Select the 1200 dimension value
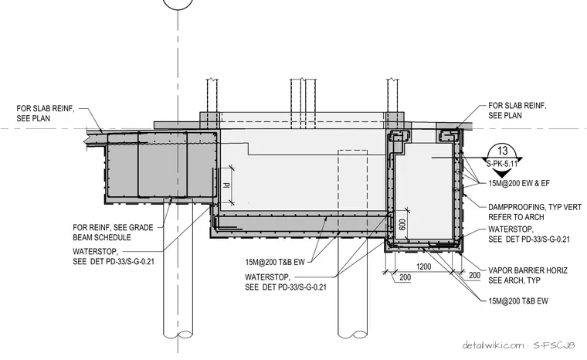pos(423,267)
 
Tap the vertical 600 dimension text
pos(402,224)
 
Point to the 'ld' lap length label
pos(226,185)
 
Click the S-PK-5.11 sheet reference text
pos(502,164)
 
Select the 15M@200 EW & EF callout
pos(519,183)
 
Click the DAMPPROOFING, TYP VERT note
pos(535,212)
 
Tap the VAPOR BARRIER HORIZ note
pos(528,275)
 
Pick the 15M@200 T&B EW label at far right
pos(518,301)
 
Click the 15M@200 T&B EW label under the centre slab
pos(275,262)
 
